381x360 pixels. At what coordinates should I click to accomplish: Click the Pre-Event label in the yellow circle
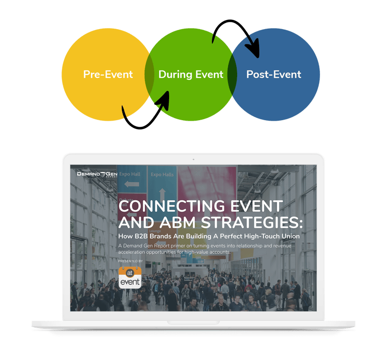click(x=108, y=74)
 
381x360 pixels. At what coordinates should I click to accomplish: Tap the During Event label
click(x=190, y=74)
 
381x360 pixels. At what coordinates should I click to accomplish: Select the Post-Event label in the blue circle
click(x=273, y=74)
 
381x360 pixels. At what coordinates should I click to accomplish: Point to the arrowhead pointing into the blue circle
click(x=255, y=51)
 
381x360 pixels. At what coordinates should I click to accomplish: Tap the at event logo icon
click(x=130, y=278)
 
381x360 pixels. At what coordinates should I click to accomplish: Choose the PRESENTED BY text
click(x=130, y=261)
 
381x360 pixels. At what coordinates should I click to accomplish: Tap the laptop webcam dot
click(x=193, y=159)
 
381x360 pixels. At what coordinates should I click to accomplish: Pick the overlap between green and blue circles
click(x=232, y=75)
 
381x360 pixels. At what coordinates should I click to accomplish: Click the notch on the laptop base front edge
click(x=193, y=323)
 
